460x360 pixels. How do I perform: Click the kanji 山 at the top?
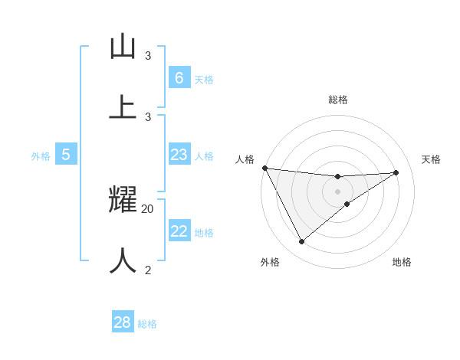point(123,47)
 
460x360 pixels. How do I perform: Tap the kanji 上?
point(123,106)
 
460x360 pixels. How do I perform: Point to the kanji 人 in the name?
point(123,260)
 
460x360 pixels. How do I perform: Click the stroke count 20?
point(148,209)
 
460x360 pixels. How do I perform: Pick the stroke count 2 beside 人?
point(148,269)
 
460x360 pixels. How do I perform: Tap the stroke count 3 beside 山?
point(148,56)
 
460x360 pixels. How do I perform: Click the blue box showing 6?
point(179,77)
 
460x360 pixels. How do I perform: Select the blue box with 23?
point(179,155)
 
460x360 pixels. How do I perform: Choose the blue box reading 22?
point(179,231)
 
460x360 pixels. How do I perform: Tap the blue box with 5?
point(66,155)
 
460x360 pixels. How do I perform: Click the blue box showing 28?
point(123,322)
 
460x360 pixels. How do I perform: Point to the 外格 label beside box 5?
point(41,156)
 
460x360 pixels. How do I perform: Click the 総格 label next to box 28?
point(147,324)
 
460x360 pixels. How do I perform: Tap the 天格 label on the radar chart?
point(431,159)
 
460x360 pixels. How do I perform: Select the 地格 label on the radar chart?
point(402,262)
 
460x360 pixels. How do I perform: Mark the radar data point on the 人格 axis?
point(264,168)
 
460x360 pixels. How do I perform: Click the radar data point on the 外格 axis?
point(301,242)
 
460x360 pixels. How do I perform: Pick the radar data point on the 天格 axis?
point(396,172)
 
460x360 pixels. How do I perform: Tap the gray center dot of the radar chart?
point(337,191)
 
